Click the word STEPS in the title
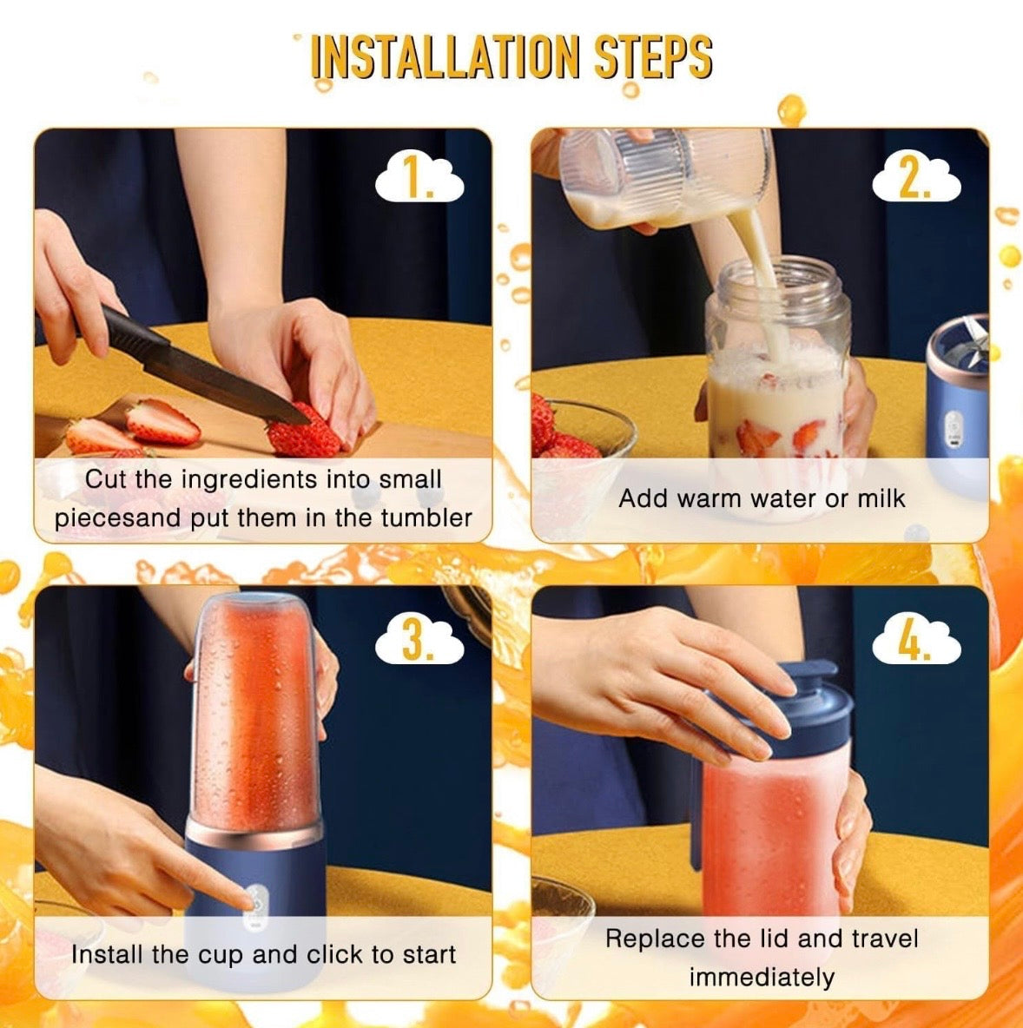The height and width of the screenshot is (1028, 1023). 653,57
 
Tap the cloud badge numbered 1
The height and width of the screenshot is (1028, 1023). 419,181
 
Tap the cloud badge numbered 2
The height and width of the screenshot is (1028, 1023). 916,181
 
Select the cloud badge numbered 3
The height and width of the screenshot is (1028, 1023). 419,642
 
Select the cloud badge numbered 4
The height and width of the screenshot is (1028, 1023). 916,642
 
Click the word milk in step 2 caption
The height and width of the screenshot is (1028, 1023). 881,498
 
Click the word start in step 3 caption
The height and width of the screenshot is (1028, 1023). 427,955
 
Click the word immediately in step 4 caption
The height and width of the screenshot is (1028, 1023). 762,978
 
